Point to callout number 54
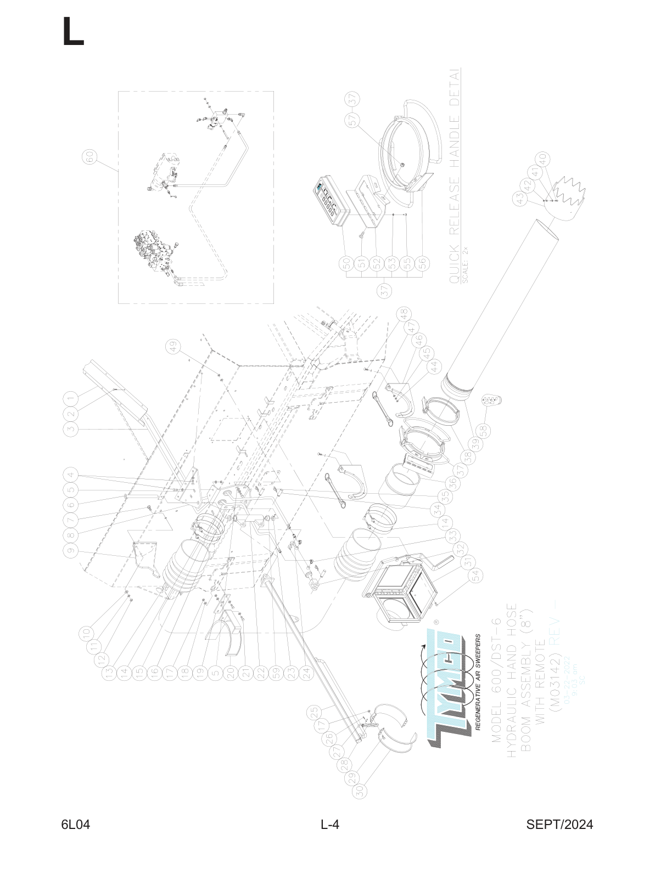pyautogui.click(x=476, y=575)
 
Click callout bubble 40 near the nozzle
pyautogui.click(x=543, y=158)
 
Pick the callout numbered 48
pyautogui.click(x=405, y=314)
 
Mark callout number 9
pyautogui.click(x=71, y=550)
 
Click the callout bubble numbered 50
pyautogui.click(x=347, y=263)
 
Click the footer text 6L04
pyautogui.click(x=76, y=825)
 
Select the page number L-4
pyautogui.click(x=330, y=825)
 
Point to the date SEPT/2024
pyautogui.click(x=559, y=825)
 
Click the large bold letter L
pyautogui.click(x=73, y=31)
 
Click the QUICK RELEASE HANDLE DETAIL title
pyautogui.click(x=454, y=176)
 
